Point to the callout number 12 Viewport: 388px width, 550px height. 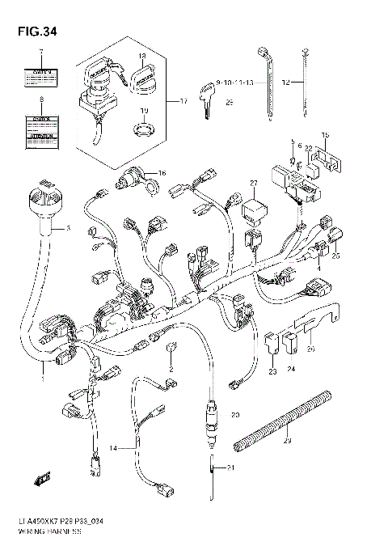285,82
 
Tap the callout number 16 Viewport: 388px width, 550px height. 161,172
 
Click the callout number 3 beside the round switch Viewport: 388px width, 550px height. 68,229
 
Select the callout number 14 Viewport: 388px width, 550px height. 115,447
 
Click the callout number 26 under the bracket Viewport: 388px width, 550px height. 310,349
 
